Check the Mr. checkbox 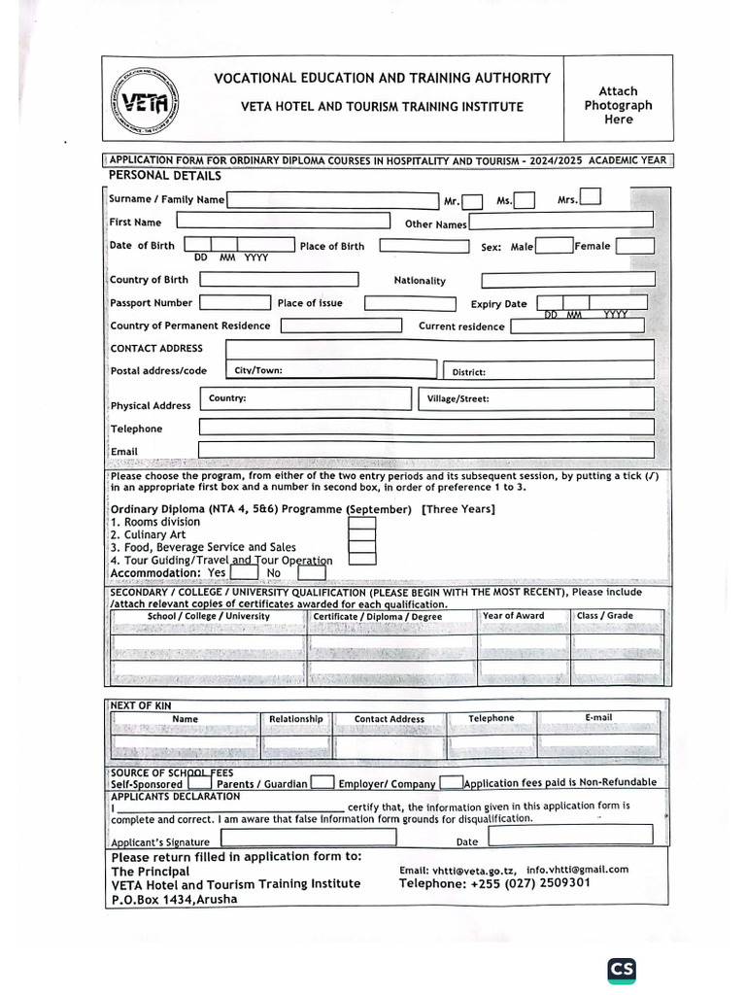(472, 201)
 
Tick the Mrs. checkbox (590, 198)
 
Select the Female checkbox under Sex (634, 246)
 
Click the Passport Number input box (235, 303)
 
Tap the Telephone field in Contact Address (426, 427)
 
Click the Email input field (426, 449)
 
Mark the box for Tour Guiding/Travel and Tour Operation (361, 559)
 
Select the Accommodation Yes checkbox (244, 572)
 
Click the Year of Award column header (513, 616)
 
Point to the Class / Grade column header (604, 616)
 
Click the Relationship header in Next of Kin (295, 719)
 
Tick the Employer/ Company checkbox (451, 782)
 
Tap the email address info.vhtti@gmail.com (577, 870)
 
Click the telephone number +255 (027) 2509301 (493, 883)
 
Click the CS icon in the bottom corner (622, 970)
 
